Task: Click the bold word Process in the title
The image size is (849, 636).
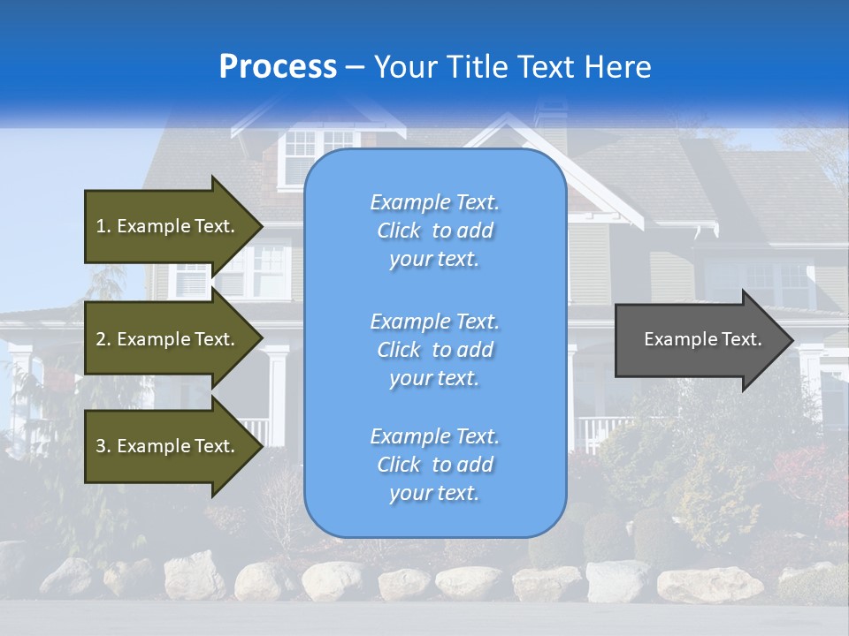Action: pos(278,67)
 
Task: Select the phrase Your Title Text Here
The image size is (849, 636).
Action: pos(513,67)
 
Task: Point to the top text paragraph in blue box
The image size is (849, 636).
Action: pos(434,231)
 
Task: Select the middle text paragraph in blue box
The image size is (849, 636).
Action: pos(434,350)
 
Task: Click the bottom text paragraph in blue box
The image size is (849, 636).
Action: pos(434,465)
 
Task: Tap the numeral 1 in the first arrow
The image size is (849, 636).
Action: pos(101,226)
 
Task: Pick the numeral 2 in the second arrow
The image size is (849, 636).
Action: pos(101,339)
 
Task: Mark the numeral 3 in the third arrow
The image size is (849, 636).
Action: pos(101,446)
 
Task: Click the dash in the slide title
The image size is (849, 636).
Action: pos(355,68)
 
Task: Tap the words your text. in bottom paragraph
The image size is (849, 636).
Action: pos(434,493)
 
